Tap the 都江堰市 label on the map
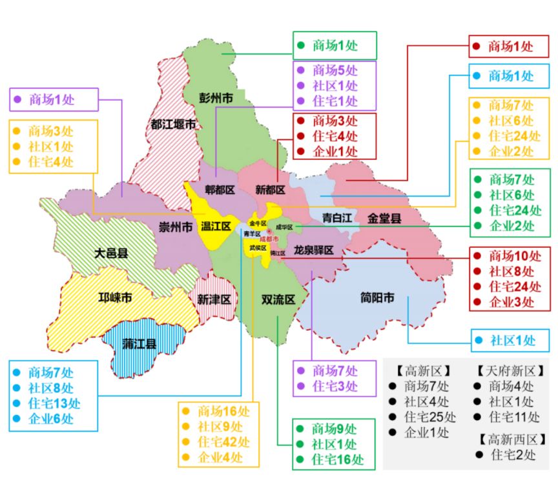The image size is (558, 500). [x=172, y=125]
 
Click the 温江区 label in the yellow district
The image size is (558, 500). [x=215, y=226]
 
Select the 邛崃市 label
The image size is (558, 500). [x=115, y=298]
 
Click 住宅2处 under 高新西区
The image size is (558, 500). [x=513, y=455]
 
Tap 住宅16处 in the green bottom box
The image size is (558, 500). [x=338, y=459]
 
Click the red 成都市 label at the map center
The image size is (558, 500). [x=269, y=239]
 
